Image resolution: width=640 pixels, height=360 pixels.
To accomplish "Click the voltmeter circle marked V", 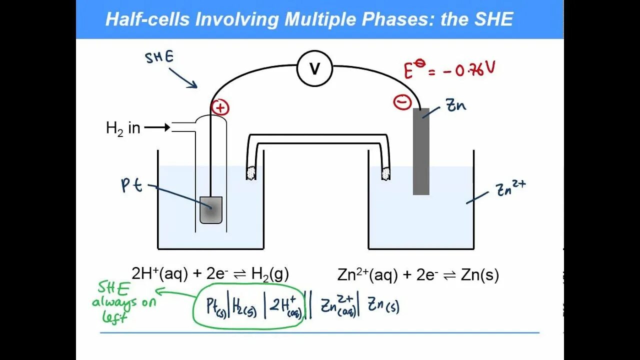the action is tap(314, 68).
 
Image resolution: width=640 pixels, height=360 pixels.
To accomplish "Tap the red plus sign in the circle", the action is tap(220, 107).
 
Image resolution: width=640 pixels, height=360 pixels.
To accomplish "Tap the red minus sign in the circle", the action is tap(402, 102).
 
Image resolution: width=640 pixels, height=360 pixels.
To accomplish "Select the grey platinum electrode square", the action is tap(211, 210).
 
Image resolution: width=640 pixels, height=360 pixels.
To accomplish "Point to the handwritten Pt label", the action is tap(132, 185).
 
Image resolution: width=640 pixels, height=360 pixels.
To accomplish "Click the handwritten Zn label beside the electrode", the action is tap(455, 105).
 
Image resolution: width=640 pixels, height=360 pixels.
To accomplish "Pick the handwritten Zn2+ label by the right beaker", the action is tap(510, 188).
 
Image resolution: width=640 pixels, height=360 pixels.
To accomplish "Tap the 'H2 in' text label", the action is tap(123, 128).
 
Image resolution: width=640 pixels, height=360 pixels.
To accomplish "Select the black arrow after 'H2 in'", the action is tap(157, 128).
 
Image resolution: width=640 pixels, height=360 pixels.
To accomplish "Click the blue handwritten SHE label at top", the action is tap(159, 57).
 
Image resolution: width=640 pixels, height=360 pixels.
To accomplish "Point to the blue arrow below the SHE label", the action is tap(183, 78).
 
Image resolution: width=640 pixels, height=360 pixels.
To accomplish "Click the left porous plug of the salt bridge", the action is tap(251, 172).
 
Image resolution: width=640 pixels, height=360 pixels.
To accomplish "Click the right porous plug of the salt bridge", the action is tap(385, 173).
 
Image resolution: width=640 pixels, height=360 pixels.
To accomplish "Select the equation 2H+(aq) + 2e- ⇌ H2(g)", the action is tap(210, 274).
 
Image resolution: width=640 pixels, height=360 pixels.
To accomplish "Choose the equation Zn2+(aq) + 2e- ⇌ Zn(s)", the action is tap(418, 275).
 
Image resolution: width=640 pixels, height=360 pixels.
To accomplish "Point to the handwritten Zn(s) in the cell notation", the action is tap(383, 305).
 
